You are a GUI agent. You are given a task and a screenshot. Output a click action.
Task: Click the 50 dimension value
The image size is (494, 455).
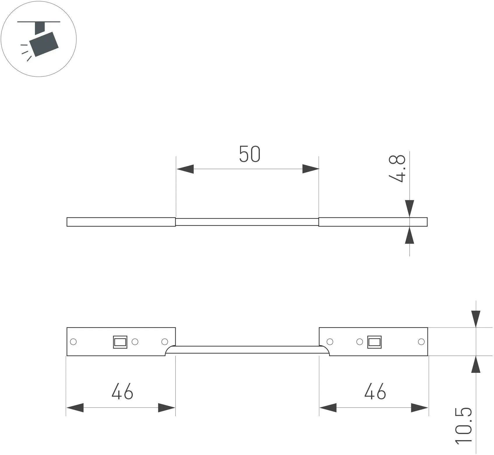coord(250,154)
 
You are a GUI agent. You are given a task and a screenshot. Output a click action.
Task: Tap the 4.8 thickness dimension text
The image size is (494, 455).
coord(397,168)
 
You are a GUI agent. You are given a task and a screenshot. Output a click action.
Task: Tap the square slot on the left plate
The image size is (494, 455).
coord(120,342)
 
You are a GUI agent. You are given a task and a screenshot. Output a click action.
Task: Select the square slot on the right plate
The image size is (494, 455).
coord(374,342)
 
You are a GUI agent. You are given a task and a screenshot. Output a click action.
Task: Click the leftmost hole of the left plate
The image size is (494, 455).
coord(73,342)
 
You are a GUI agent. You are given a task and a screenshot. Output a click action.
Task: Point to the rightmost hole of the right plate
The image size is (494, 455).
coord(421,342)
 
